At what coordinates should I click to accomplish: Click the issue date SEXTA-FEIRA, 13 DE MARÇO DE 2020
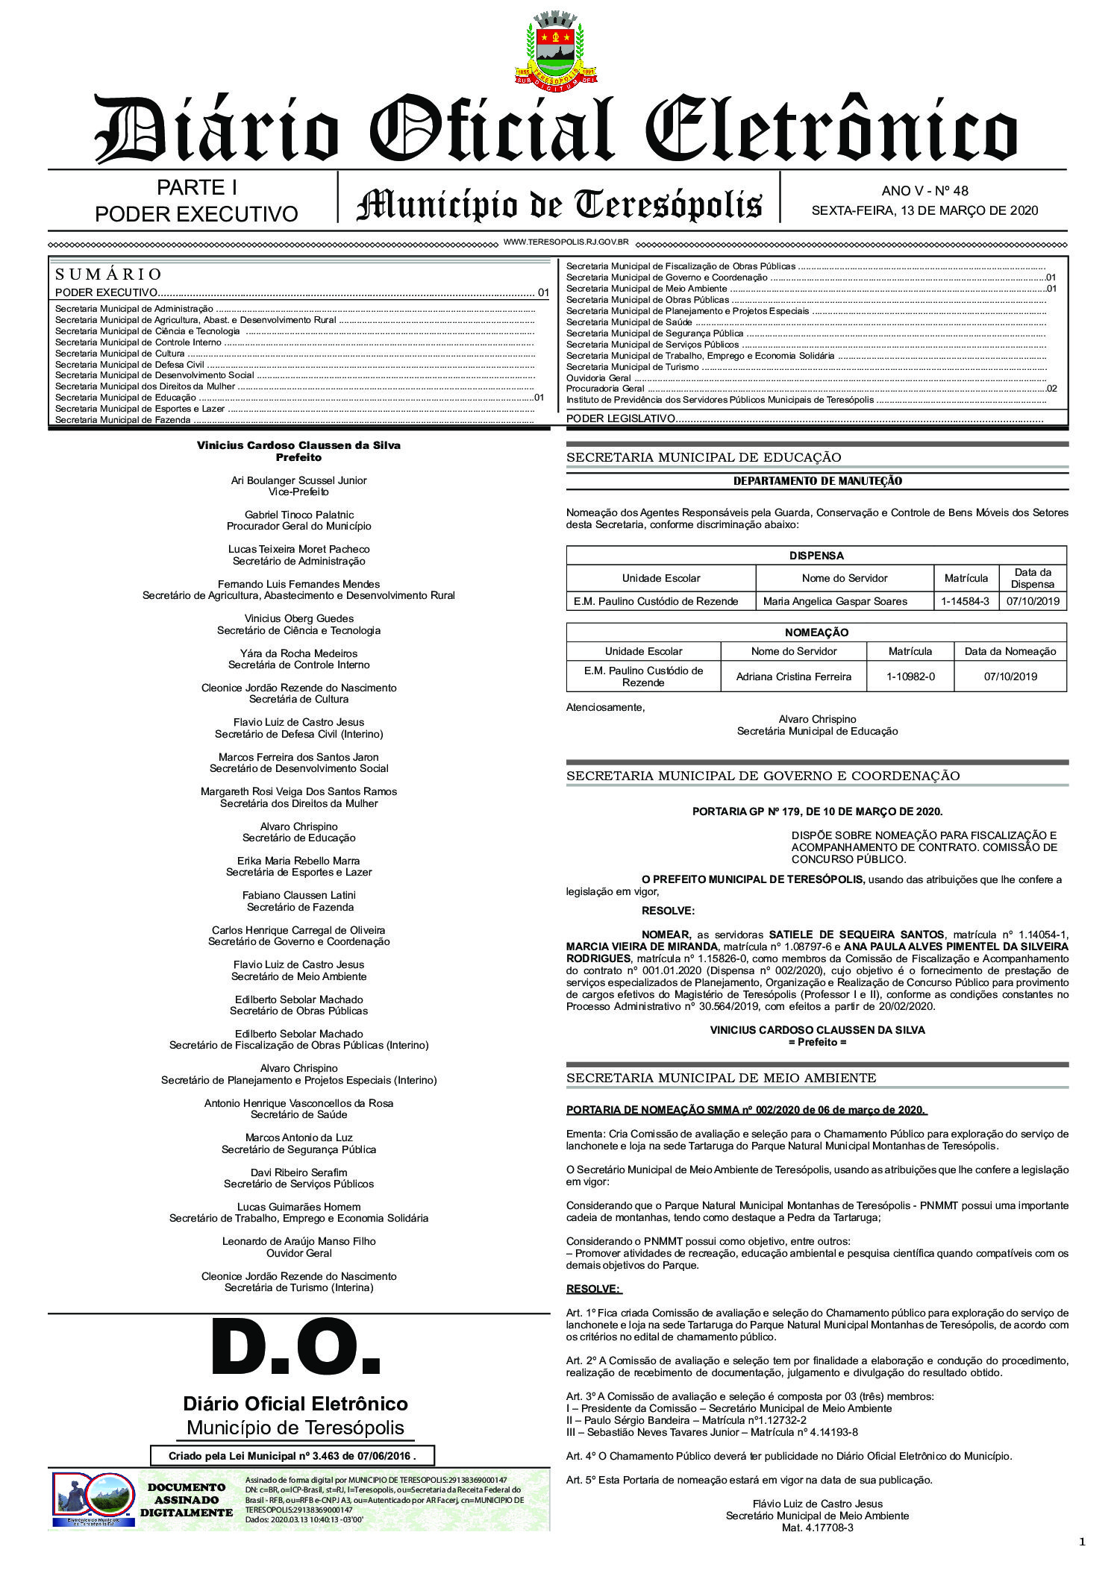[x=924, y=211]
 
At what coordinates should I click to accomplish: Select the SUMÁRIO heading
[x=108, y=274]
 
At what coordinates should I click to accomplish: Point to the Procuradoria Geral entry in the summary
[x=605, y=389]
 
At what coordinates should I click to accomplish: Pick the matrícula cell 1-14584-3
[x=965, y=601]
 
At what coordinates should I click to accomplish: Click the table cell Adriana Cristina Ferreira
[x=793, y=677]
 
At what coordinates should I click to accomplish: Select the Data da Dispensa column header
[x=1032, y=578]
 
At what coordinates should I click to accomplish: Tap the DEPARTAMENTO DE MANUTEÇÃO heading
[x=817, y=481]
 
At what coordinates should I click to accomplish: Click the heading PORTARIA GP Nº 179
[x=817, y=812]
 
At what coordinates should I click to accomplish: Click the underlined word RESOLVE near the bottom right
[x=593, y=1289]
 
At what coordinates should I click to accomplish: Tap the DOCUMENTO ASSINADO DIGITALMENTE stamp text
[x=186, y=1500]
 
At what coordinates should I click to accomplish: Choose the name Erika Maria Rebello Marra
[x=298, y=861]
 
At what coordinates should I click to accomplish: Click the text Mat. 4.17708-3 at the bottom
[x=817, y=1528]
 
